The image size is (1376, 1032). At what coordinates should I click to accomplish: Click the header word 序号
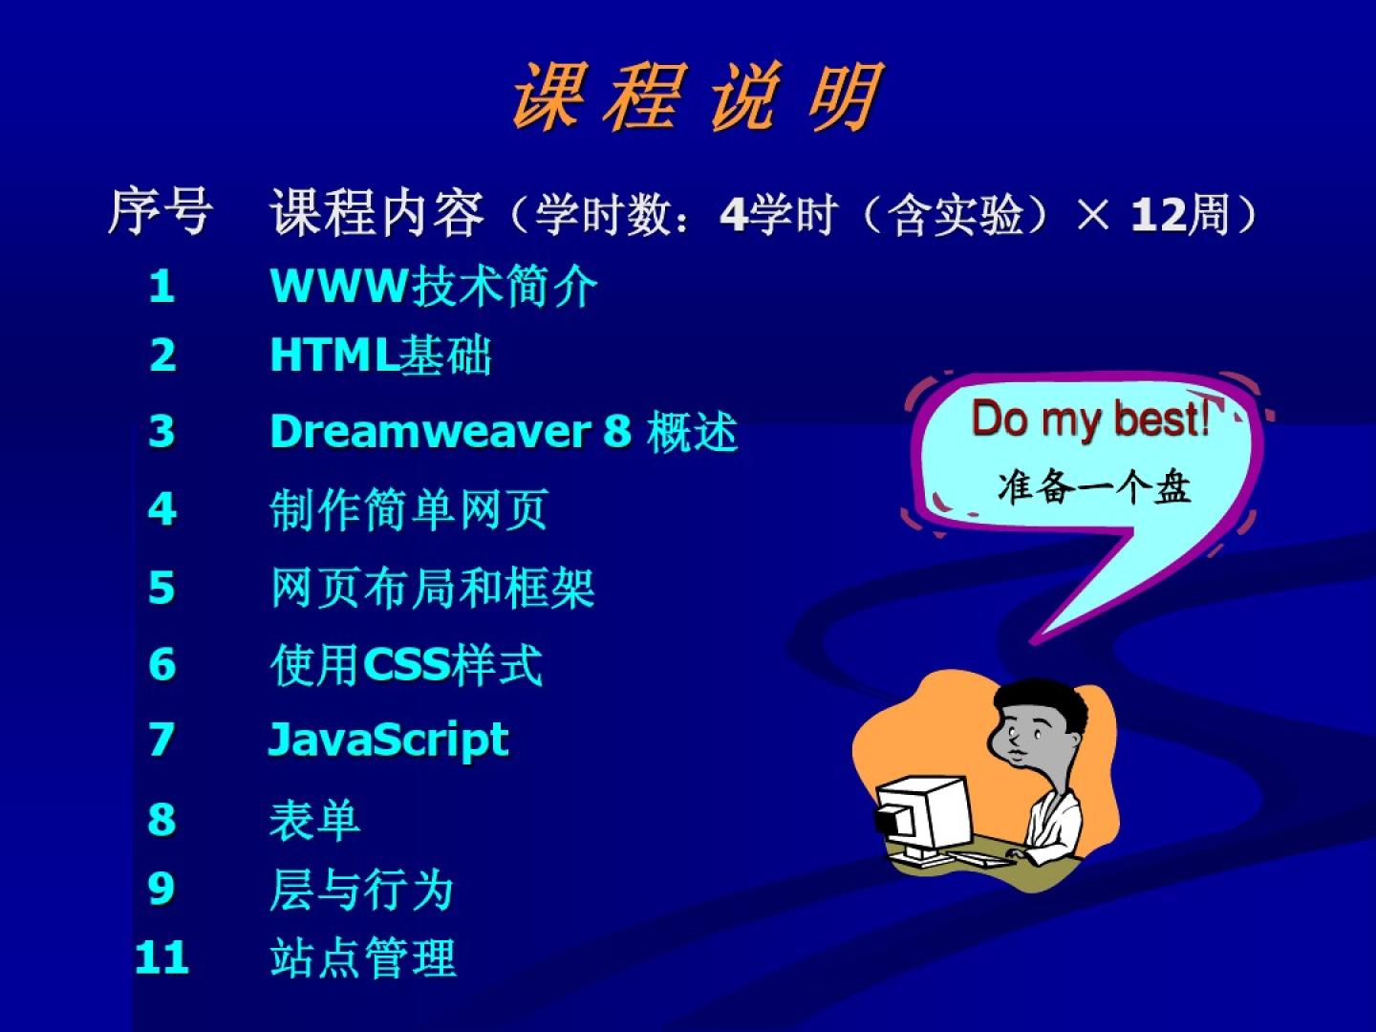click(161, 212)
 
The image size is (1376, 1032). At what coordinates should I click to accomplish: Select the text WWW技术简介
click(434, 287)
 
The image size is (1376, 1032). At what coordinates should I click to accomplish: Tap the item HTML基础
click(380, 355)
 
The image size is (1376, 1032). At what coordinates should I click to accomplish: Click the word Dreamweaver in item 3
click(431, 432)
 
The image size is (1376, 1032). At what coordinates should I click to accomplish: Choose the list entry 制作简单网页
click(409, 509)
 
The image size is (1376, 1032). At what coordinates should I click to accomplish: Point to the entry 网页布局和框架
click(433, 588)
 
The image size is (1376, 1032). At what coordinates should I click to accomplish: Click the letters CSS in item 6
click(407, 664)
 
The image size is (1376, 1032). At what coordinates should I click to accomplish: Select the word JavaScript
click(389, 740)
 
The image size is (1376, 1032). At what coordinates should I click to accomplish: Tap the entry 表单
click(314, 820)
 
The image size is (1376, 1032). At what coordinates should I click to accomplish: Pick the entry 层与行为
click(362, 889)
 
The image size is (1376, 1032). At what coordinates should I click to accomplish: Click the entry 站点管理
click(363, 957)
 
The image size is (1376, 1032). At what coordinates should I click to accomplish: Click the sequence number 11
click(161, 957)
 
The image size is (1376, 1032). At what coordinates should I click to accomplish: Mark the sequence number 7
click(161, 740)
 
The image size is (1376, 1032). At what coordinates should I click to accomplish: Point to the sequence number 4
click(161, 508)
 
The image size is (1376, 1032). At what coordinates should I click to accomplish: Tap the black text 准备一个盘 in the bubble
click(1093, 487)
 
